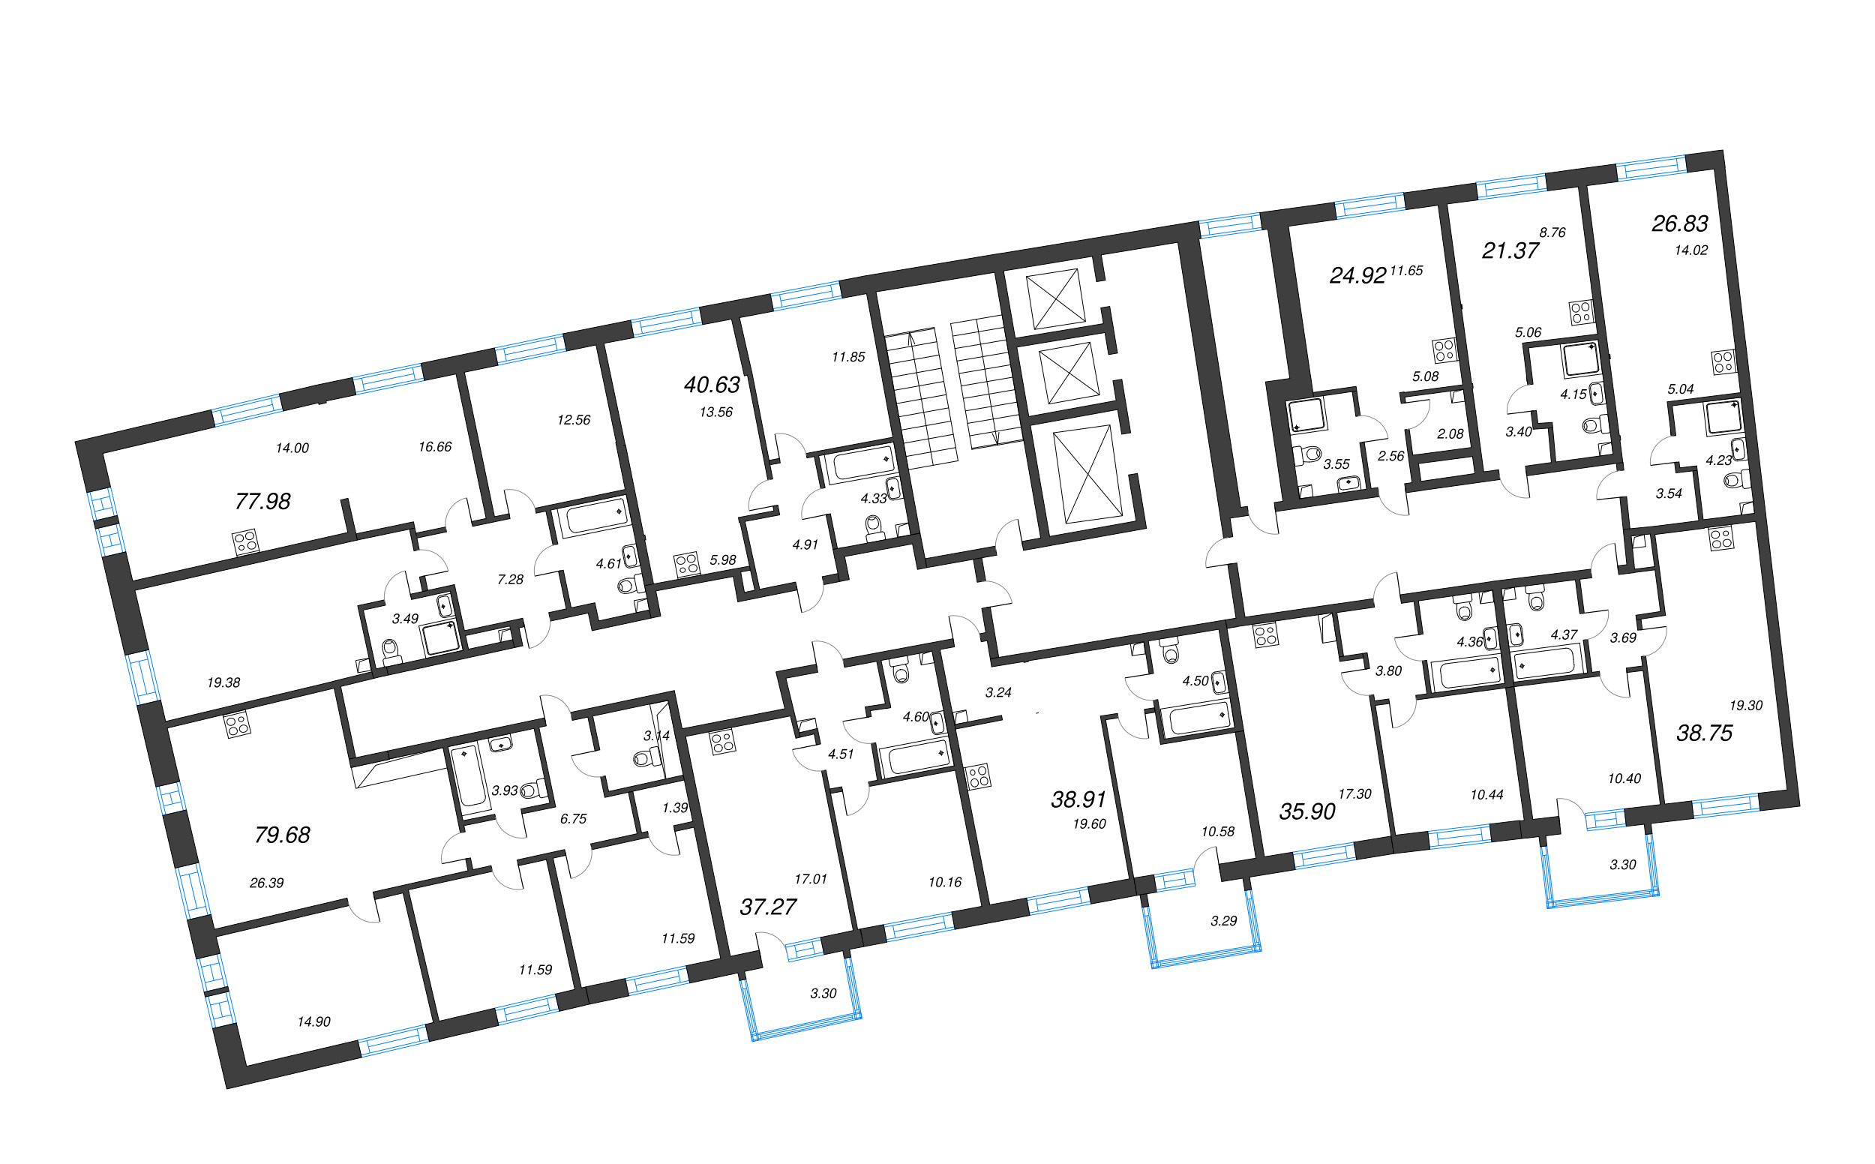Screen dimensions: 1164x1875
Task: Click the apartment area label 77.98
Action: coord(262,502)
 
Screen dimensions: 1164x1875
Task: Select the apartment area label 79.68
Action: coord(282,835)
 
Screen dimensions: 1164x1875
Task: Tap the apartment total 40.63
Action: coord(712,385)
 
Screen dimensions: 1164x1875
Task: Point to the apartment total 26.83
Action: coord(1679,224)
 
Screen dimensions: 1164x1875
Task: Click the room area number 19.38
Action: coord(223,682)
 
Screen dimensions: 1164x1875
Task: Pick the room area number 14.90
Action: coord(313,1022)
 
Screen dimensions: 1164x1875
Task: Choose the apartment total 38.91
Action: coord(1078,799)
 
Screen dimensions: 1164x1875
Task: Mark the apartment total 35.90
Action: coord(1307,811)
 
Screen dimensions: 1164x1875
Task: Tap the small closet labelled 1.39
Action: coord(675,808)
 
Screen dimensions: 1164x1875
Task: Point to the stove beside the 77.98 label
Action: coord(245,542)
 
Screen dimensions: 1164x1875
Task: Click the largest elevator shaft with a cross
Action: coord(1087,474)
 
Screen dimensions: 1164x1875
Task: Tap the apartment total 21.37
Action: coord(1510,251)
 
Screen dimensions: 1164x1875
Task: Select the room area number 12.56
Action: coord(574,420)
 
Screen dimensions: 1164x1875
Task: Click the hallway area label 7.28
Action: coord(510,580)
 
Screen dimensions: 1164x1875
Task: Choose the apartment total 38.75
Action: coord(1704,733)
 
